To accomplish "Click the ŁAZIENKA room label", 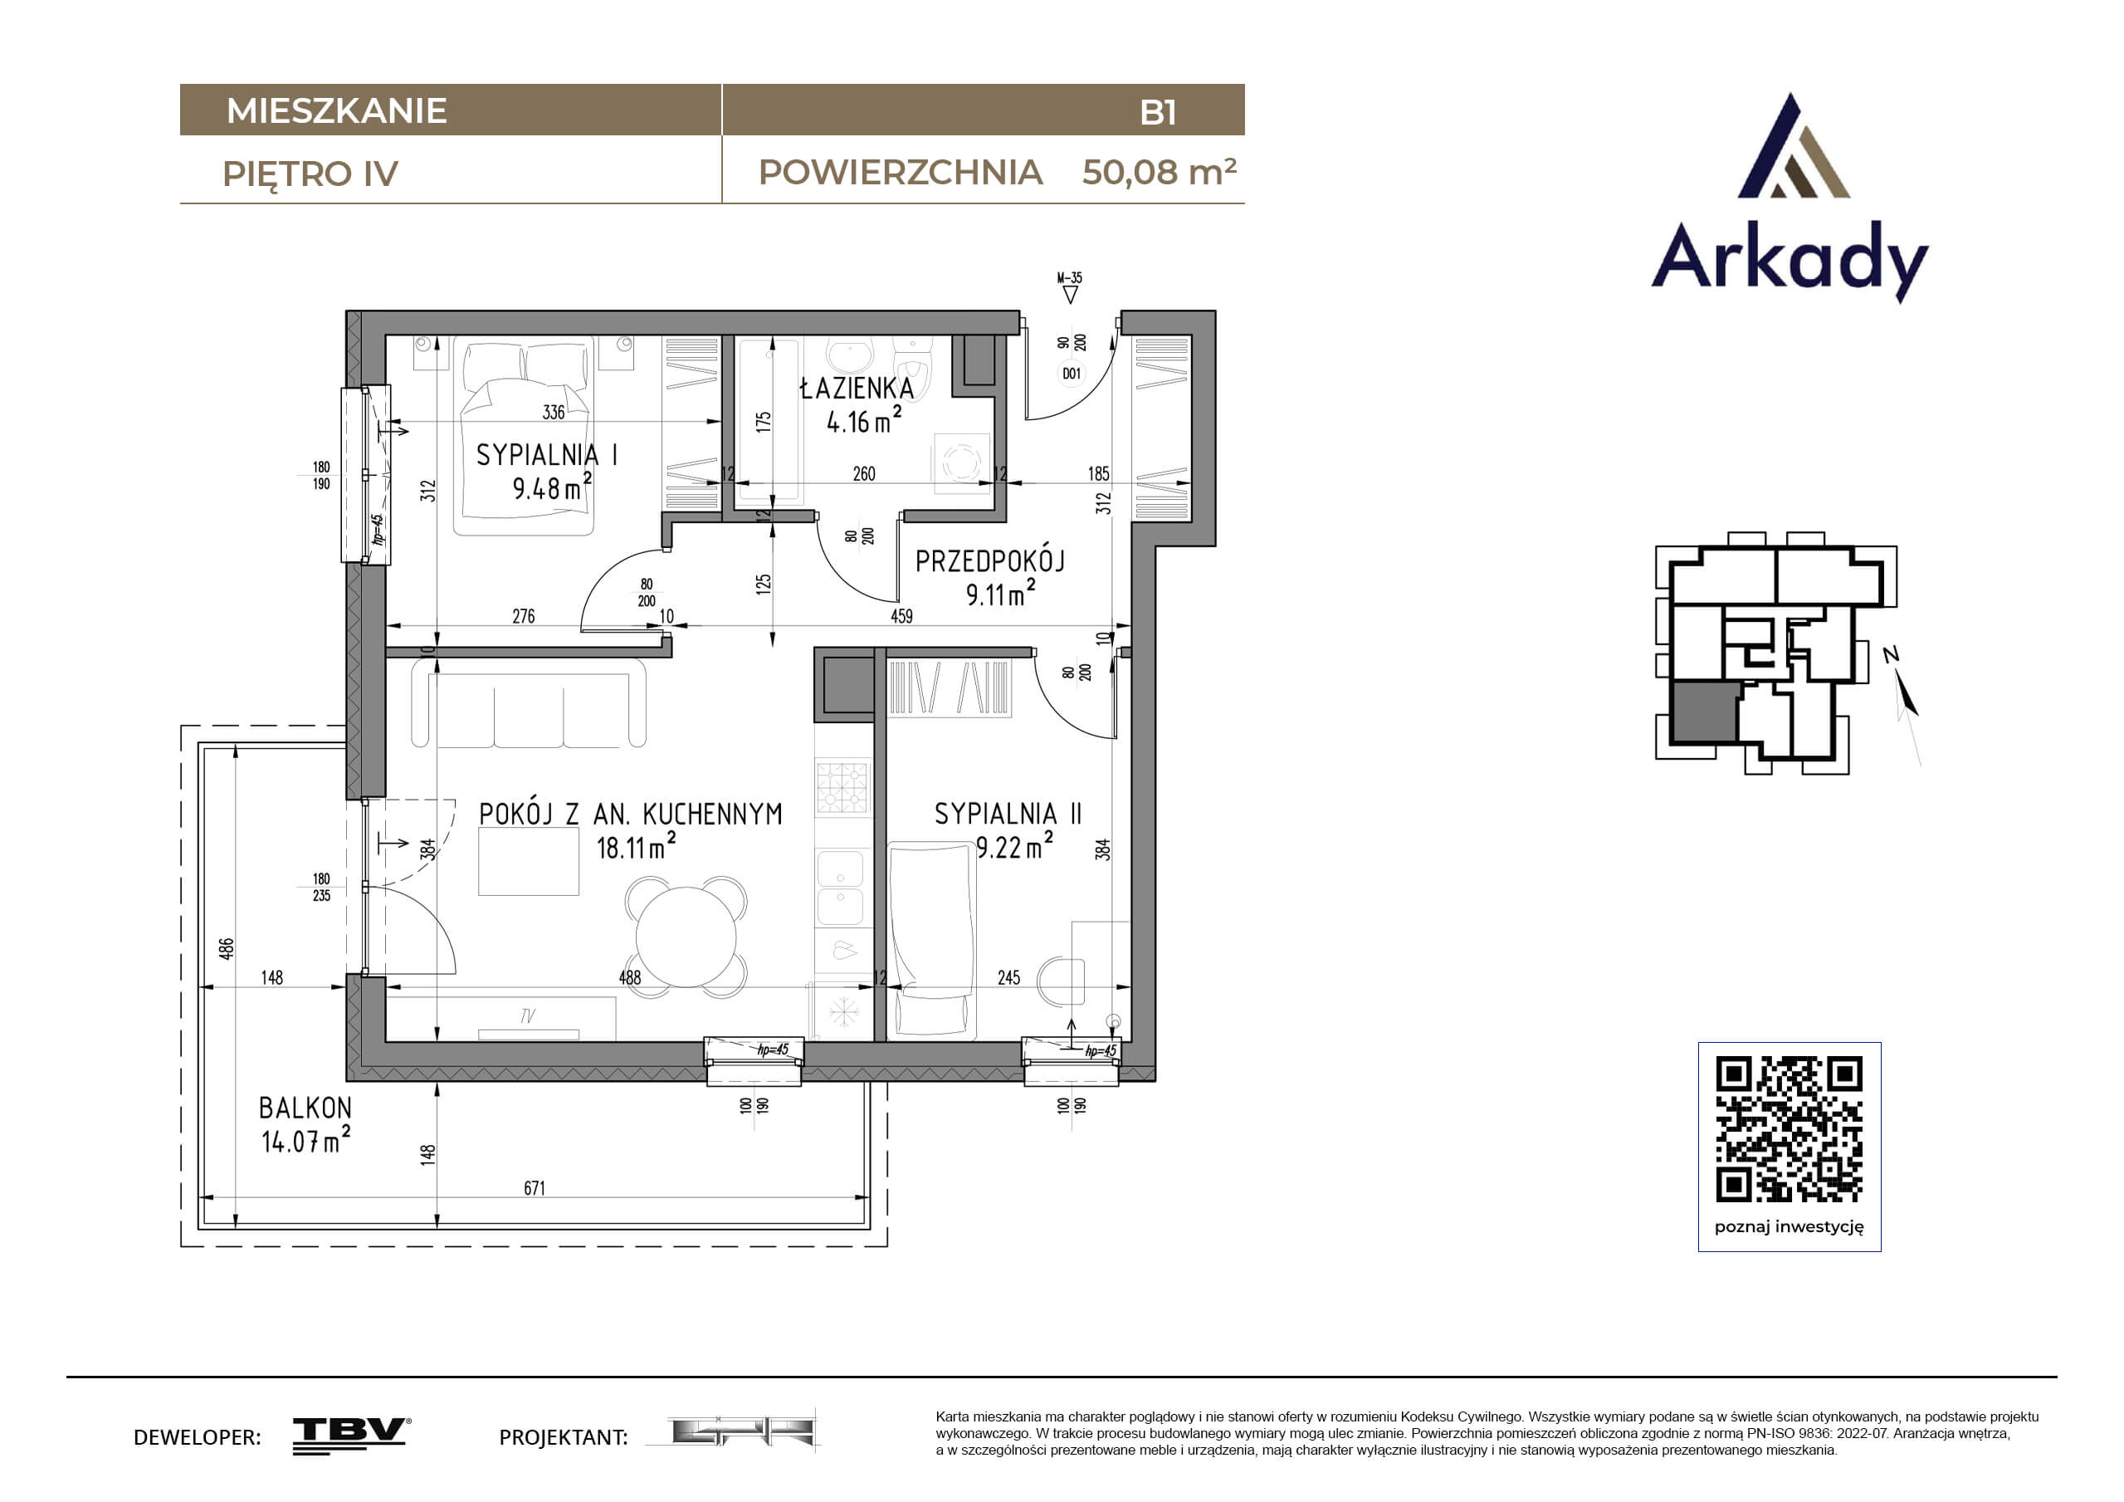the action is [857, 388].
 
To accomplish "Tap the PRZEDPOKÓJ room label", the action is [990, 560].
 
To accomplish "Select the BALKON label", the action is [305, 1108].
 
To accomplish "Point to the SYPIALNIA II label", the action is [1008, 814].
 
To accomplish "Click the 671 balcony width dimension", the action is [535, 1187].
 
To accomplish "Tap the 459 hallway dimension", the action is [901, 615].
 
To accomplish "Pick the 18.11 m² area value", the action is [636, 846].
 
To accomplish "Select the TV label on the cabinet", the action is [527, 1016].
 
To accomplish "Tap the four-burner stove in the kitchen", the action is [842, 788].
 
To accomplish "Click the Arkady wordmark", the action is [1790, 258].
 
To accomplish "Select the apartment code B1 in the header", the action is [1158, 112].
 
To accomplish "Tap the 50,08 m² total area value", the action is [1160, 172].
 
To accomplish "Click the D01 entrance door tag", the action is [1072, 374].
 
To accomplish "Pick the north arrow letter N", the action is [1891, 655].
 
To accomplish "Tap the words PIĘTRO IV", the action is [310, 174].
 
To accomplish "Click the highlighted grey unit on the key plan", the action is [1704, 712].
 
